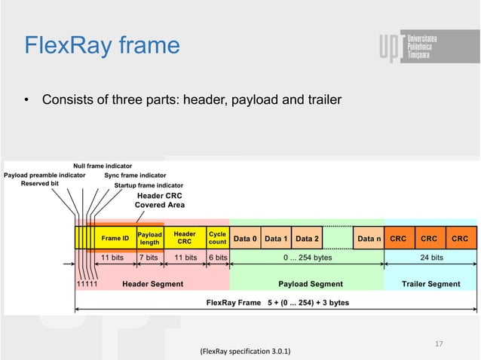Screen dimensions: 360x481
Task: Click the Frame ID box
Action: coord(115,238)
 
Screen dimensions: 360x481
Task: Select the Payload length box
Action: coord(149,238)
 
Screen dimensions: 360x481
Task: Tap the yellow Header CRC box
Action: coord(185,238)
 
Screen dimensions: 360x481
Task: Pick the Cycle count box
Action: coord(217,238)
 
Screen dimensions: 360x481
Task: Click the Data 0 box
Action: coord(245,239)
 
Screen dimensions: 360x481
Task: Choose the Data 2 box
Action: coord(307,239)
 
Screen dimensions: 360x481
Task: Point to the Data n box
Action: coord(369,239)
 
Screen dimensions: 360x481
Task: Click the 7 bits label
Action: coord(148,257)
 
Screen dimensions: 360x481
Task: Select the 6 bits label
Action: coord(217,257)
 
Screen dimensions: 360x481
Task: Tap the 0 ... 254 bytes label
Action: coord(307,257)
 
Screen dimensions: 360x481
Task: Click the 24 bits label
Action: coord(430,257)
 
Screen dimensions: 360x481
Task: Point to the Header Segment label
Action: coord(152,284)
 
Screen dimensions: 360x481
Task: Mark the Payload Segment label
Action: coord(311,284)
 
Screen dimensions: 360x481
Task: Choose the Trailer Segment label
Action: coord(432,284)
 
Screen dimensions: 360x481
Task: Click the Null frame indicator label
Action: coord(103,165)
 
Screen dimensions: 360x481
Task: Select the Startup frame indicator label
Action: coord(149,185)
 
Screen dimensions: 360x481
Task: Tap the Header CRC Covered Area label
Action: coord(160,200)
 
